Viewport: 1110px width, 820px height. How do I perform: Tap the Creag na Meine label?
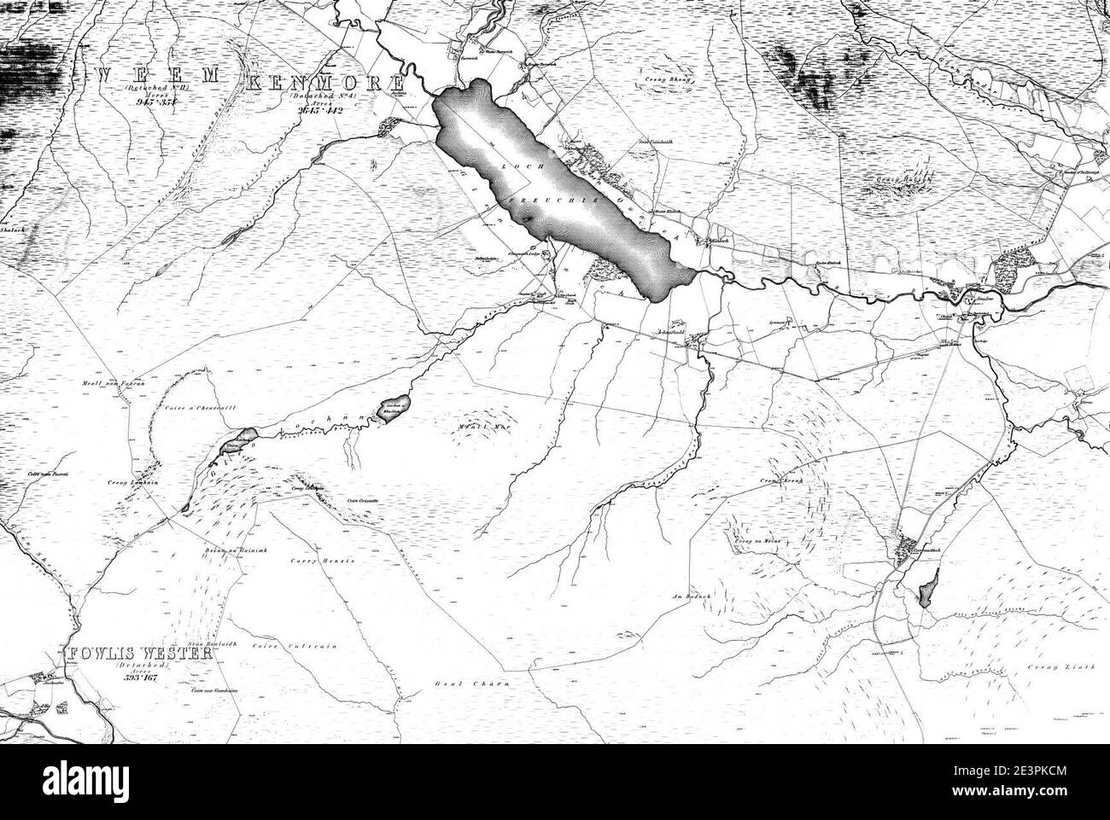coord(752,540)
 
